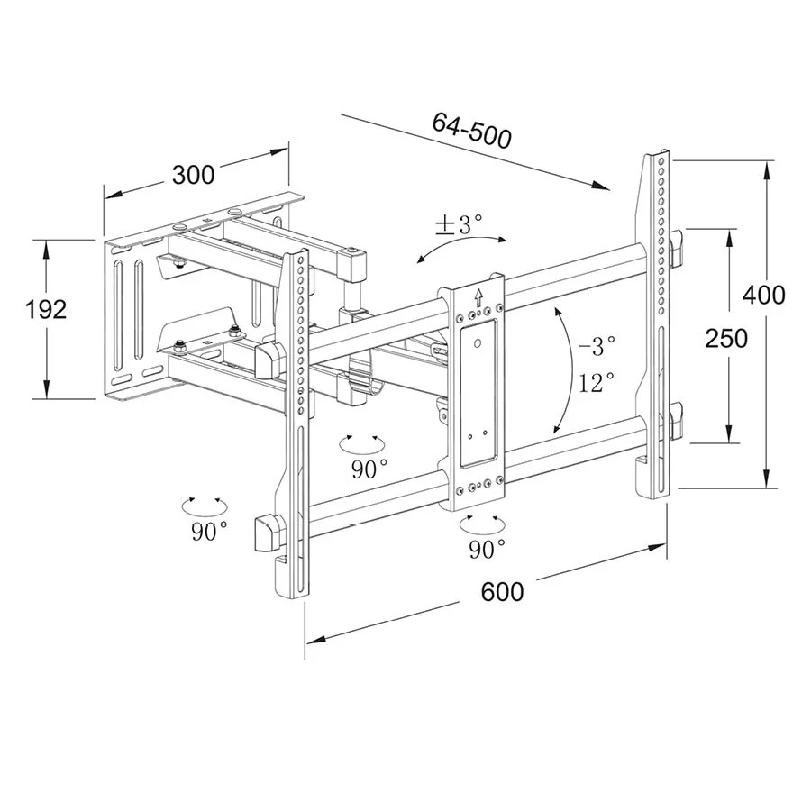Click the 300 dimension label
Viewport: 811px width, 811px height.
click(193, 174)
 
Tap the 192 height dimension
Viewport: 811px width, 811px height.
click(47, 310)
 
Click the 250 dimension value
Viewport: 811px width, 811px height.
click(726, 338)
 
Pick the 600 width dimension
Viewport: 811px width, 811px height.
click(502, 592)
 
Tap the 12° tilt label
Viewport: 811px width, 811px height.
click(597, 382)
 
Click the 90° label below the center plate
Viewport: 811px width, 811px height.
click(488, 547)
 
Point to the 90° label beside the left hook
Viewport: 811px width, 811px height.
click(209, 532)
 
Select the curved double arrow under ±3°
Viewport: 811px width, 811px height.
click(461, 246)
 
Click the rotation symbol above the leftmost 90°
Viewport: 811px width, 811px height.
click(204, 505)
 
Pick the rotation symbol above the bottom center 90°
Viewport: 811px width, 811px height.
click(478, 523)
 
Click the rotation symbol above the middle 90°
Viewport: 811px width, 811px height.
click(360, 442)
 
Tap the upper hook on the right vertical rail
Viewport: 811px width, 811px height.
click(676, 247)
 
